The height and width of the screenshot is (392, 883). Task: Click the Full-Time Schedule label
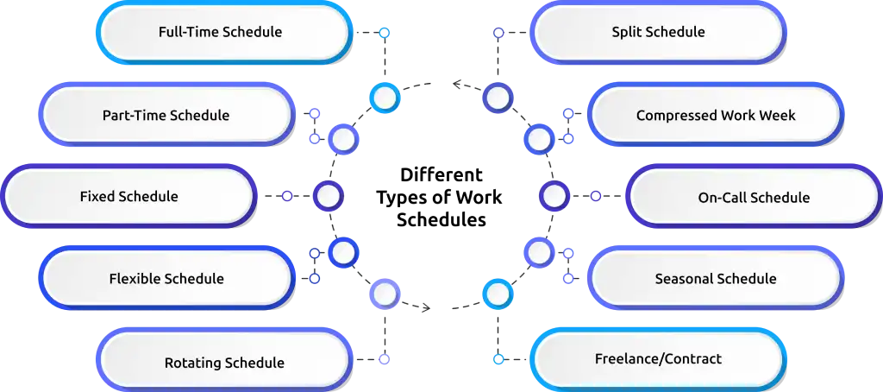(x=221, y=32)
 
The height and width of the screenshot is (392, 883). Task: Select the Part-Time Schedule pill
(x=166, y=115)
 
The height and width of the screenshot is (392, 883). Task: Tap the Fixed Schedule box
(x=128, y=197)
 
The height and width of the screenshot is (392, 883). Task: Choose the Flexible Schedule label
(x=166, y=279)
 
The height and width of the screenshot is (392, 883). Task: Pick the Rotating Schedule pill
(x=224, y=363)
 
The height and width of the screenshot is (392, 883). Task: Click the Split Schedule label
(x=658, y=32)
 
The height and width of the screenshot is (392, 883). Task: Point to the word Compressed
(x=675, y=115)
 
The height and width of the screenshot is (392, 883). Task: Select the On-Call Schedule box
(x=754, y=198)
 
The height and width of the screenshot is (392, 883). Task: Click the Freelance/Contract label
(x=658, y=358)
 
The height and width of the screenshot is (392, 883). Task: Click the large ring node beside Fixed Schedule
(x=328, y=197)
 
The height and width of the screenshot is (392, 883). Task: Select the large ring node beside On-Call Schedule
(x=554, y=197)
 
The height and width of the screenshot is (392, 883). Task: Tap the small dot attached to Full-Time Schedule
(x=385, y=33)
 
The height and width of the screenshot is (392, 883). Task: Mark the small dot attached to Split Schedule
(x=498, y=33)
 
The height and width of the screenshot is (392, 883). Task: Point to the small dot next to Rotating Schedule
(x=385, y=357)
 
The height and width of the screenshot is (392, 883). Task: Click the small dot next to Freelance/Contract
(x=498, y=357)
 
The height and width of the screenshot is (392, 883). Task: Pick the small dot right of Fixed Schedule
(x=288, y=197)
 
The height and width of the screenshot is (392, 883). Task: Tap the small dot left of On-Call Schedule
(x=594, y=197)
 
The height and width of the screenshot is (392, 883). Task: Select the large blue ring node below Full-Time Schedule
(x=384, y=97)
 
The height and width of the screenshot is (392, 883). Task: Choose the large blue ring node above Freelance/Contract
(x=498, y=294)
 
